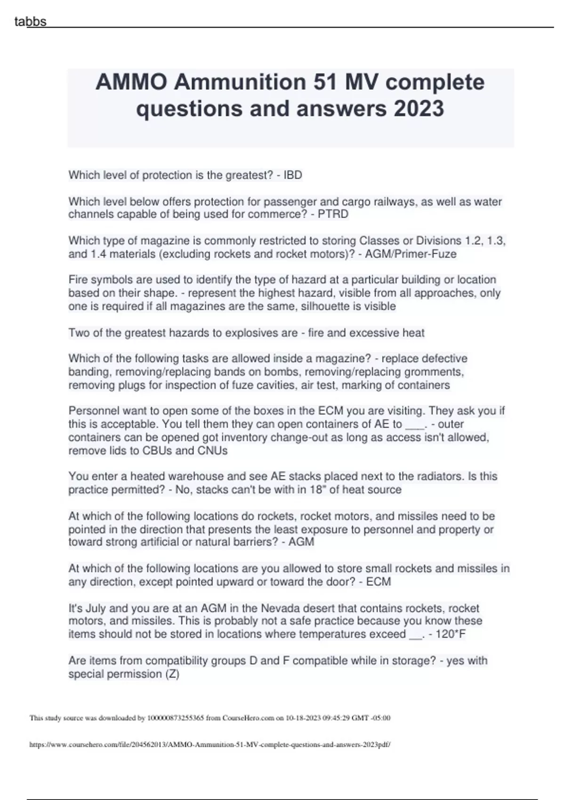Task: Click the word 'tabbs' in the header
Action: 30,22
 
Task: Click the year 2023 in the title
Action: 419,109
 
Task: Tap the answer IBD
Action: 292,175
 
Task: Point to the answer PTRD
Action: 333,214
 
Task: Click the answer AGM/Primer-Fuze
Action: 411,254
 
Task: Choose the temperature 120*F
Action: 451,634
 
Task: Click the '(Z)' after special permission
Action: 172,674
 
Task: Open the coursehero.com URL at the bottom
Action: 210,744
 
